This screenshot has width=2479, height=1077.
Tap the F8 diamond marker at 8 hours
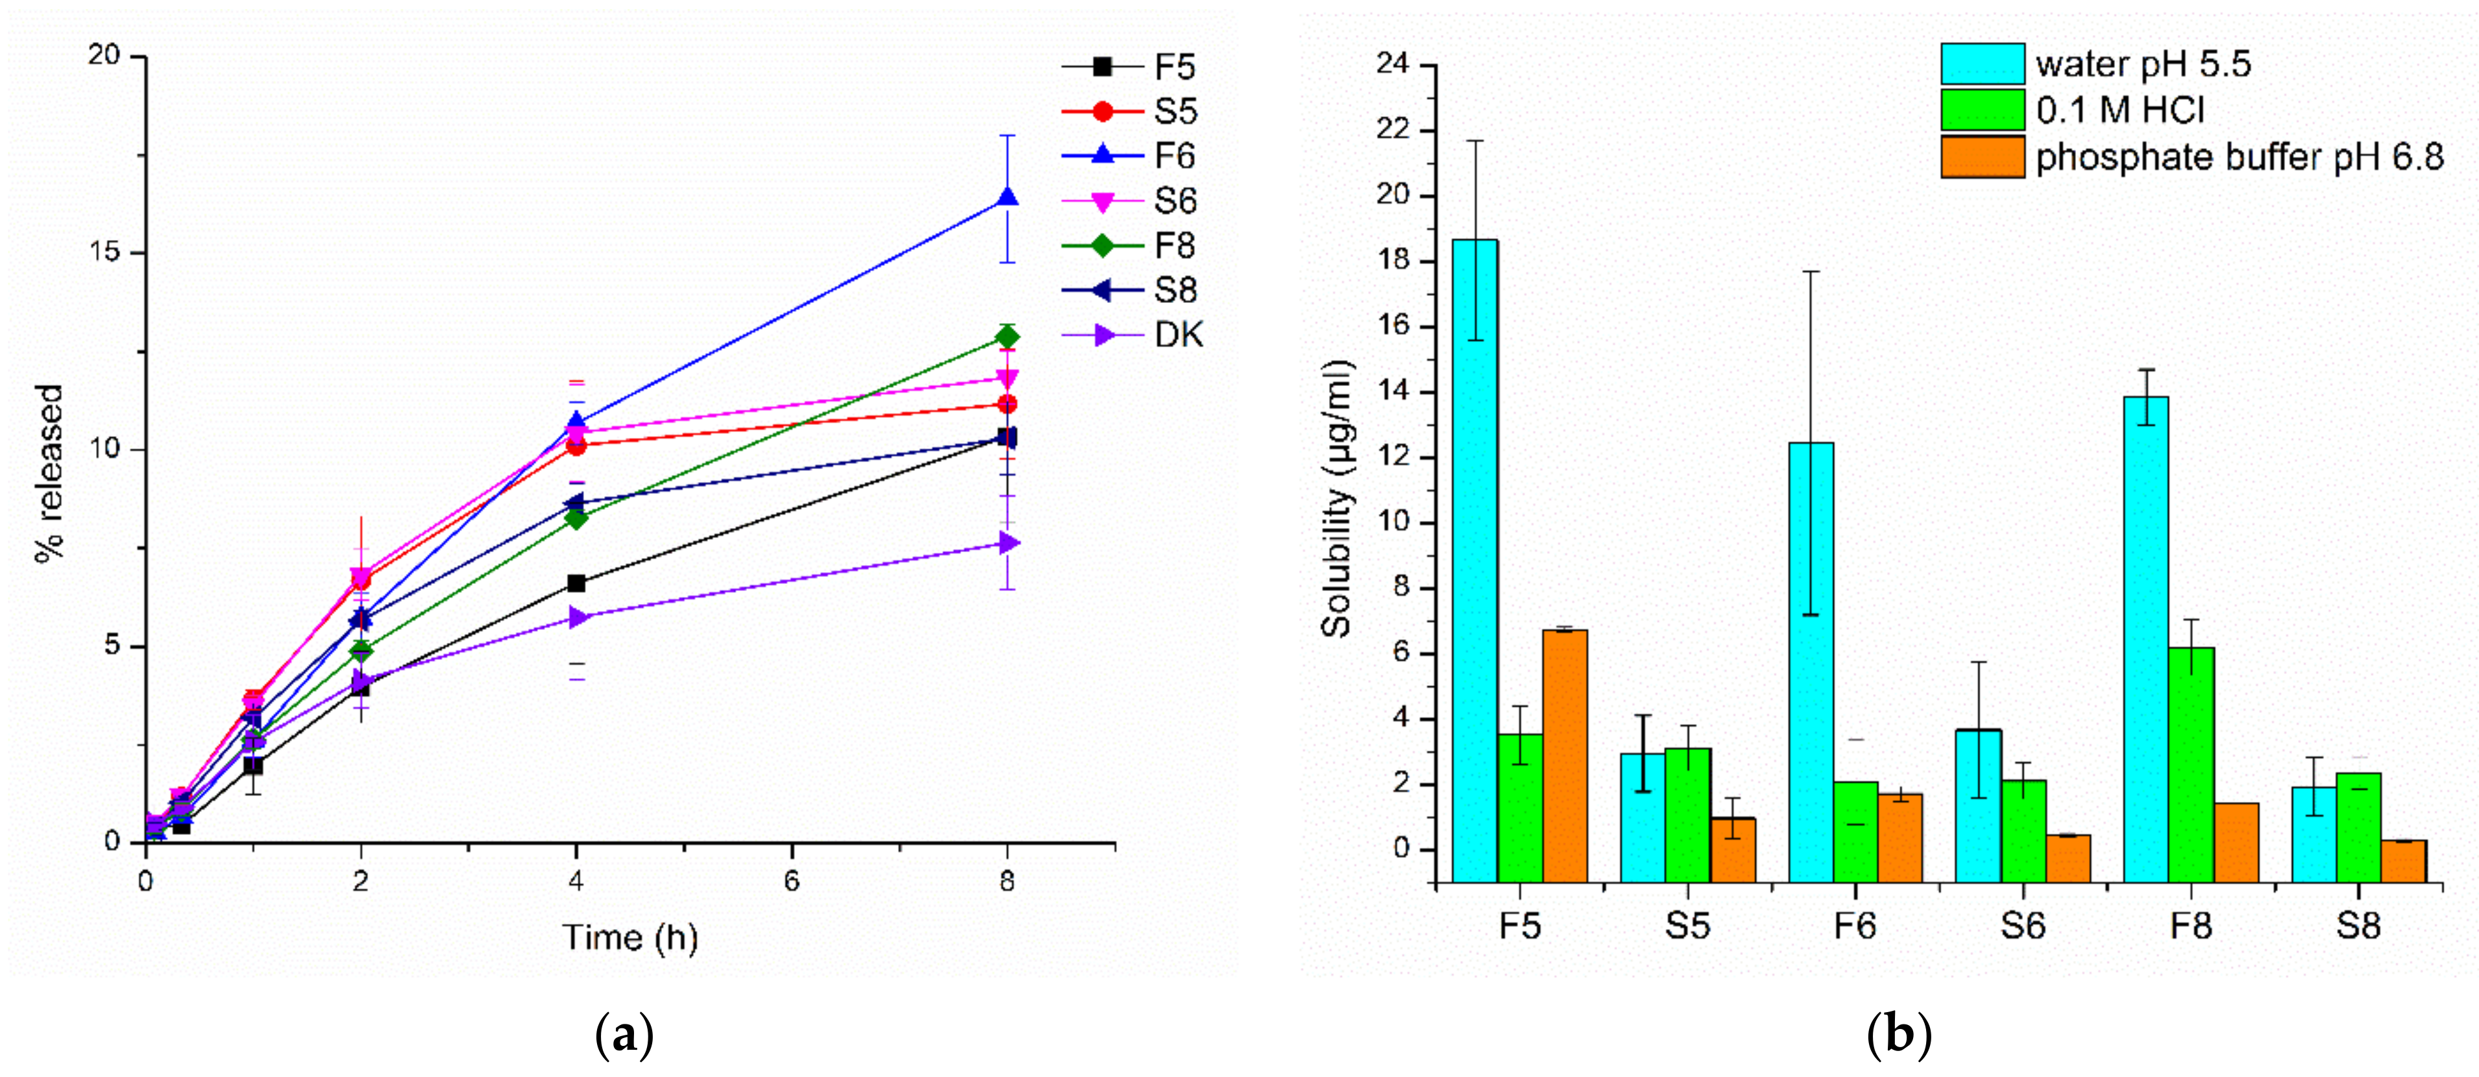tap(1007, 336)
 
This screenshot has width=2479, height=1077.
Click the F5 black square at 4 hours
tap(576, 583)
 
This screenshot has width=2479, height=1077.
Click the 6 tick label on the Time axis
tap(791, 882)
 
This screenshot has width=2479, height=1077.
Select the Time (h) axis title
tap(630, 936)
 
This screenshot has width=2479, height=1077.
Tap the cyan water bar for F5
tap(1474, 558)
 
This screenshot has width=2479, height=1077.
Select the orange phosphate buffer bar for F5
tap(1565, 756)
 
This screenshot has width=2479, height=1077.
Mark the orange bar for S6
tap(2068, 858)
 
